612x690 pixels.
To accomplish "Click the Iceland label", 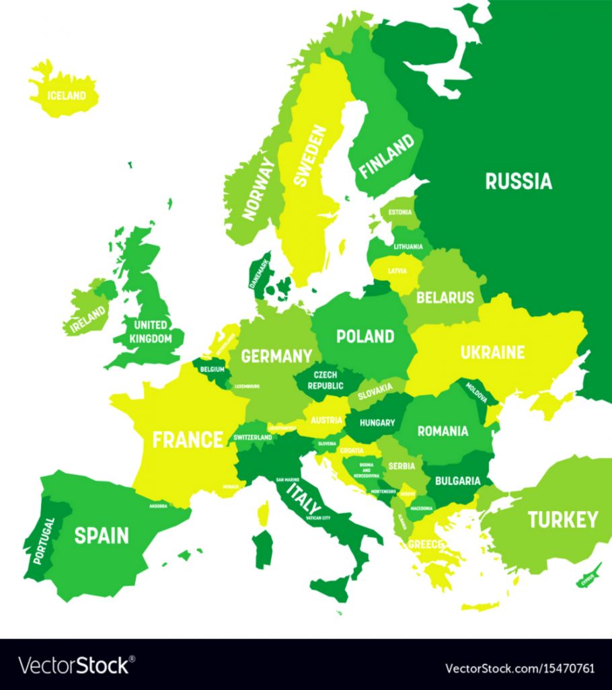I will (67, 95).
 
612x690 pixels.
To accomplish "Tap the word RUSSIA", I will (519, 181).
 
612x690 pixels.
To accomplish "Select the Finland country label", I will (386, 156).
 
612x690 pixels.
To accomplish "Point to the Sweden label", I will (310, 156).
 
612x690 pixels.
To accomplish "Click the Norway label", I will (259, 189).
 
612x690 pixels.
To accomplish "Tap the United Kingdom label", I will (151, 332).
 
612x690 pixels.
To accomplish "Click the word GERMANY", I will (276, 356).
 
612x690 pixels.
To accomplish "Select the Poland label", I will (365, 336).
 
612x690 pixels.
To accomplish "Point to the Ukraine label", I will (492, 352).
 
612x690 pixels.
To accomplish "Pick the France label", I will (187, 440).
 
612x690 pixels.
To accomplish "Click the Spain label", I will (101, 535).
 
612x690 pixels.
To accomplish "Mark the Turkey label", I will (562, 519).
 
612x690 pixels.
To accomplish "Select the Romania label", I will (443, 431).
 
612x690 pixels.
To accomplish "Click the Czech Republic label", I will (326, 380).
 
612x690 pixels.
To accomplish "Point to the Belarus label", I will (445, 297).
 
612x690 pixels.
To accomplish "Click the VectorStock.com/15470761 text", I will (520, 668).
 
